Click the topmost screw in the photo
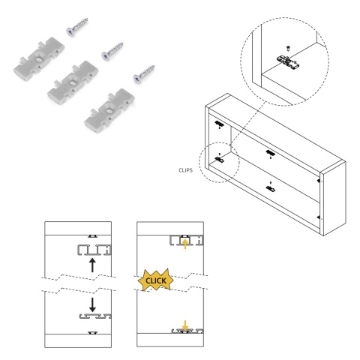(76, 27)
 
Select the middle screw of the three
(112, 51)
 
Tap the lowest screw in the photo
(144, 74)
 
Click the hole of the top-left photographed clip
(40, 59)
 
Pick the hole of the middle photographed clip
(73, 82)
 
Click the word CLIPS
(185, 170)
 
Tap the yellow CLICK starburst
(155, 280)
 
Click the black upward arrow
(92, 265)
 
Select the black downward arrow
(92, 304)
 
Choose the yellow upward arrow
(184, 244)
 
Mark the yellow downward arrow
(185, 325)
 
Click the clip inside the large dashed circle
(288, 61)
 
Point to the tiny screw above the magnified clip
(288, 47)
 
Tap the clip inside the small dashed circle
(219, 159)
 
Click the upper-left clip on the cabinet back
(219, 123)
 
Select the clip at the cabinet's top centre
(270, 153)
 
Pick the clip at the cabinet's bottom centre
(270, 188)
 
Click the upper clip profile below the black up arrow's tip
(94, 250)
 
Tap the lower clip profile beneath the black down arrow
(95, 316)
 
